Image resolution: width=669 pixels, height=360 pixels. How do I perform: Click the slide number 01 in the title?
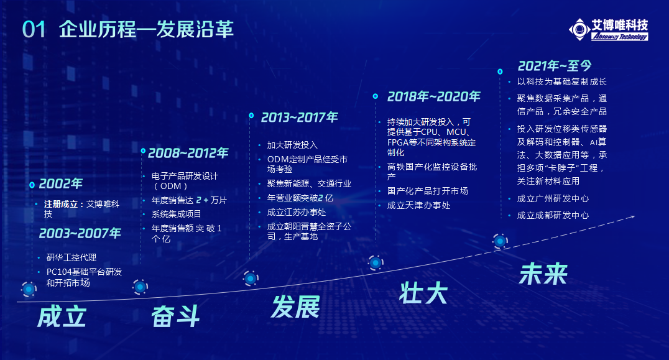(34, 29)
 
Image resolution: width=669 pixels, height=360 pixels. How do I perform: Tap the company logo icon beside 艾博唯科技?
(579, 29)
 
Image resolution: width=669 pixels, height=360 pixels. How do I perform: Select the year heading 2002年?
(60, 184)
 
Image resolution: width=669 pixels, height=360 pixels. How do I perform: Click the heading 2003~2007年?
(80, 233)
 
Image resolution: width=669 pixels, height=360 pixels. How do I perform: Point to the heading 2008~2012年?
(188, 153)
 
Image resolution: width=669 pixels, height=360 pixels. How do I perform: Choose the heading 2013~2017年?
(300, 118)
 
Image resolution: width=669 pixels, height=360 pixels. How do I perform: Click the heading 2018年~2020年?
(434, 97)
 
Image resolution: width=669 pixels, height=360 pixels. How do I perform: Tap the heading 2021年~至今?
(555, 66)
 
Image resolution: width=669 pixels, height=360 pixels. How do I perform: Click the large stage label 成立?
(62, 317)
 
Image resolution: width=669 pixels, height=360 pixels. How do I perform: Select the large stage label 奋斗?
(176, 316)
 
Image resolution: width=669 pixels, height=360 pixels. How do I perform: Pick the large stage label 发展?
(295, 307)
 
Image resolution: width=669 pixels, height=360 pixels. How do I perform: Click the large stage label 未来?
(543, 274)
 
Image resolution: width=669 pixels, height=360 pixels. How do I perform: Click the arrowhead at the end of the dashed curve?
(632, 217)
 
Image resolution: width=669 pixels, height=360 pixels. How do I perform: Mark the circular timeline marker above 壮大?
(376, 263)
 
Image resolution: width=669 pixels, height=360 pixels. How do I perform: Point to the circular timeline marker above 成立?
(29, 289)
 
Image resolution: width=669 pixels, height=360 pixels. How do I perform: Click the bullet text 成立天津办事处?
(418, 206)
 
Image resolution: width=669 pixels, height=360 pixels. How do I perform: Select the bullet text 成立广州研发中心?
(553, 199)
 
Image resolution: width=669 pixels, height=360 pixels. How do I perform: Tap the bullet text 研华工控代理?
(72, 257)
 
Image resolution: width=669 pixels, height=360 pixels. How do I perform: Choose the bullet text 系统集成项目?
(176, 214)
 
